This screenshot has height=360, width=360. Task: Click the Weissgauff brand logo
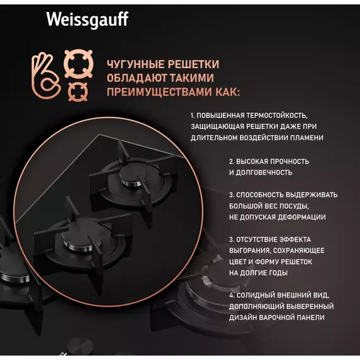click(x=87, y=20)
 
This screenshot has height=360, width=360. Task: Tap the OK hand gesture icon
click(x=46, y=76)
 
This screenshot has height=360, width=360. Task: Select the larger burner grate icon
click(x=78, y=64)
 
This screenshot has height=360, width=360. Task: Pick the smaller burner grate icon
click(x=78, y=92)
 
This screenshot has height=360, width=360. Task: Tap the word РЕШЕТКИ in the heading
click(x=193, y=64)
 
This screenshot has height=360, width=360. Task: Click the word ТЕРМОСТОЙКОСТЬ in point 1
click(x=277, y=115)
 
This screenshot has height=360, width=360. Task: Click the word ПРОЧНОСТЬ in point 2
click(x=289, y=162)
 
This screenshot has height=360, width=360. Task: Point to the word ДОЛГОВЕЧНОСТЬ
click(x=264, y=172)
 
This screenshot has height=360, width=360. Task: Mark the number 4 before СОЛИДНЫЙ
click(x=231, y=295)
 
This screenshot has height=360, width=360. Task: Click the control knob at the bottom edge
click(x=80, y=347)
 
